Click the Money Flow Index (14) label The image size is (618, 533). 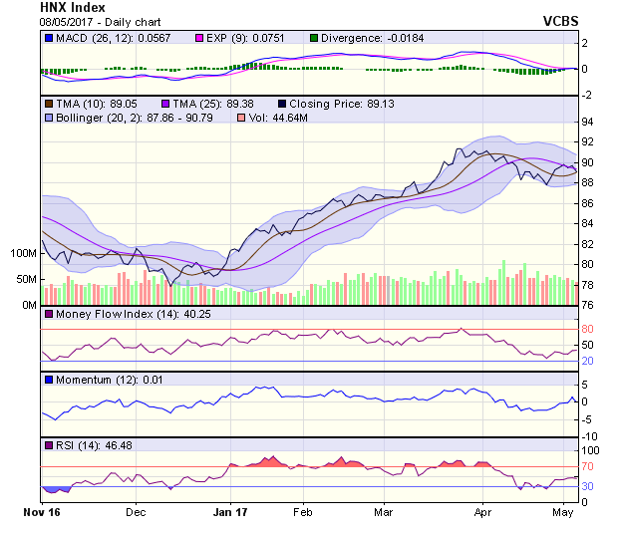click(x=108, y=315)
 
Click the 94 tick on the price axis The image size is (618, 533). click(x=587, y=122)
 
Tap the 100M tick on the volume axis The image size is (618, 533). click(x=23, y=254)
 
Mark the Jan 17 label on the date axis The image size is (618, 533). click(x=231, y=512)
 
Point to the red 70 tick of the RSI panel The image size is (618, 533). click(x=587, y=466)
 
